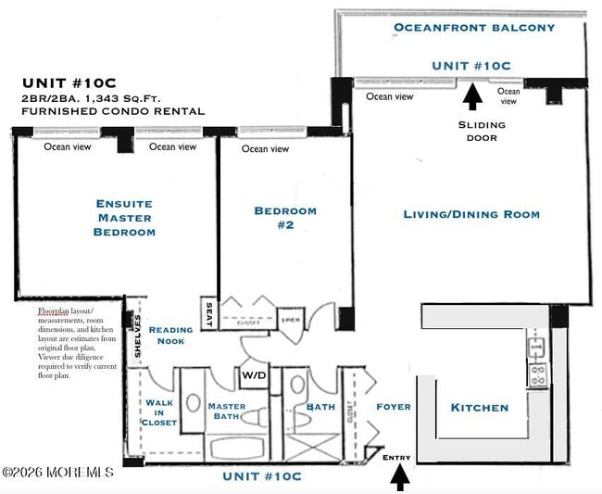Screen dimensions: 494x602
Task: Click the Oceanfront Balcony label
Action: coord(474,27)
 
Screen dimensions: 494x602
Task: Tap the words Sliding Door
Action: coord(482,131)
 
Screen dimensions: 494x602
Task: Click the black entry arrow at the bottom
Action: coord(400,476)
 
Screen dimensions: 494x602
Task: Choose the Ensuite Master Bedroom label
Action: coord(124,217)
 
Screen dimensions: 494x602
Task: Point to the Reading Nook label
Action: coord(171,335)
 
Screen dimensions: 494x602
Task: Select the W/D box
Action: coord(253,376)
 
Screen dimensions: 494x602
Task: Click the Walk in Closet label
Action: coord(159,412)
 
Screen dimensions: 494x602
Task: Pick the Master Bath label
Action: coord(226,412)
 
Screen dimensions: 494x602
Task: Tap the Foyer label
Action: coord(394,407)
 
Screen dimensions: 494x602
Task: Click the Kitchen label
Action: coord(479,407)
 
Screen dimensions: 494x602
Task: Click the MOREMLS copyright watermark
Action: coord(57,473)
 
